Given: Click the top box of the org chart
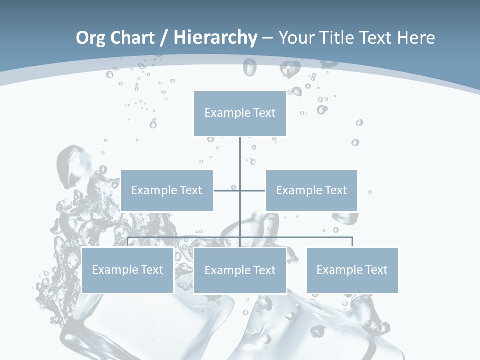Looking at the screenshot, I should pos(240,113).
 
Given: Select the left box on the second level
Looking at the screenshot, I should pos(167,190).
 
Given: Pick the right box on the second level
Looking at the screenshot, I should pos(311,190).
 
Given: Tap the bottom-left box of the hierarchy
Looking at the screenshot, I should pos(128,270).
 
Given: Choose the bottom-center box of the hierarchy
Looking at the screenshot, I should pos(240,270).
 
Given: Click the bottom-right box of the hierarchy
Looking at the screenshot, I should pos(352,270).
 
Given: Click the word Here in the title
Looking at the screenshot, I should pos(416,38).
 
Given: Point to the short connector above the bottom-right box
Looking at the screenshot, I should pos(352,242).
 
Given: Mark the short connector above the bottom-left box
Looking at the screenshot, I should pos(128,242).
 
